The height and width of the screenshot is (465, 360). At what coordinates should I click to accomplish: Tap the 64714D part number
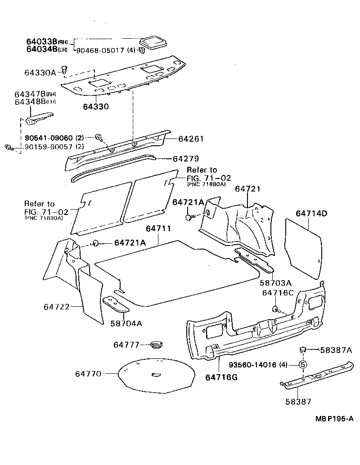pos(311,213)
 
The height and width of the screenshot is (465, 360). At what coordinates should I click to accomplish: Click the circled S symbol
pos(303,364)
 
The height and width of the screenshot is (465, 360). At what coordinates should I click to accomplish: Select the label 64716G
pos(221,377)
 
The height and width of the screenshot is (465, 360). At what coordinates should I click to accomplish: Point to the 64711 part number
pos(158,229)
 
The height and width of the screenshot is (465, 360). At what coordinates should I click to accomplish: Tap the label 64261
pos(191,139)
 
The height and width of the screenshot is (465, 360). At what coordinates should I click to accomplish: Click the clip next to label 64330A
pos(64,69)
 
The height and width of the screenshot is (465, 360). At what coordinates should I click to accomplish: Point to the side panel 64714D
pos(305,247)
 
